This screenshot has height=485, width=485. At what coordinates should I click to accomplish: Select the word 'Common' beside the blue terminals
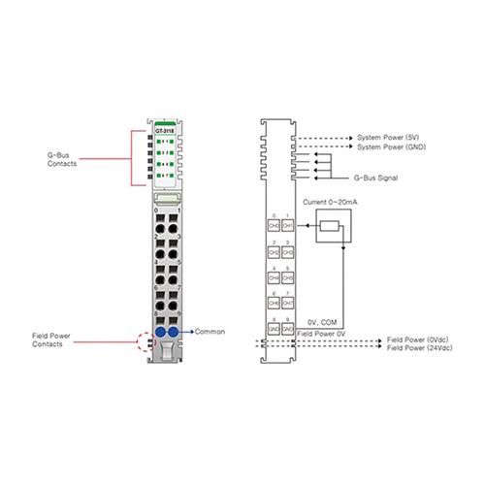210,332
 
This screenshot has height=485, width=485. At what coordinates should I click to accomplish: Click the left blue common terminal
157,332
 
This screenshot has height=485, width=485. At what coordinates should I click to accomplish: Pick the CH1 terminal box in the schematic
288,225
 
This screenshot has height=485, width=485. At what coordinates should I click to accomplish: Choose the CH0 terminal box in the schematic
273,225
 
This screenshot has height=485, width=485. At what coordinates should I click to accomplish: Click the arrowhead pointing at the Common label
191,332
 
